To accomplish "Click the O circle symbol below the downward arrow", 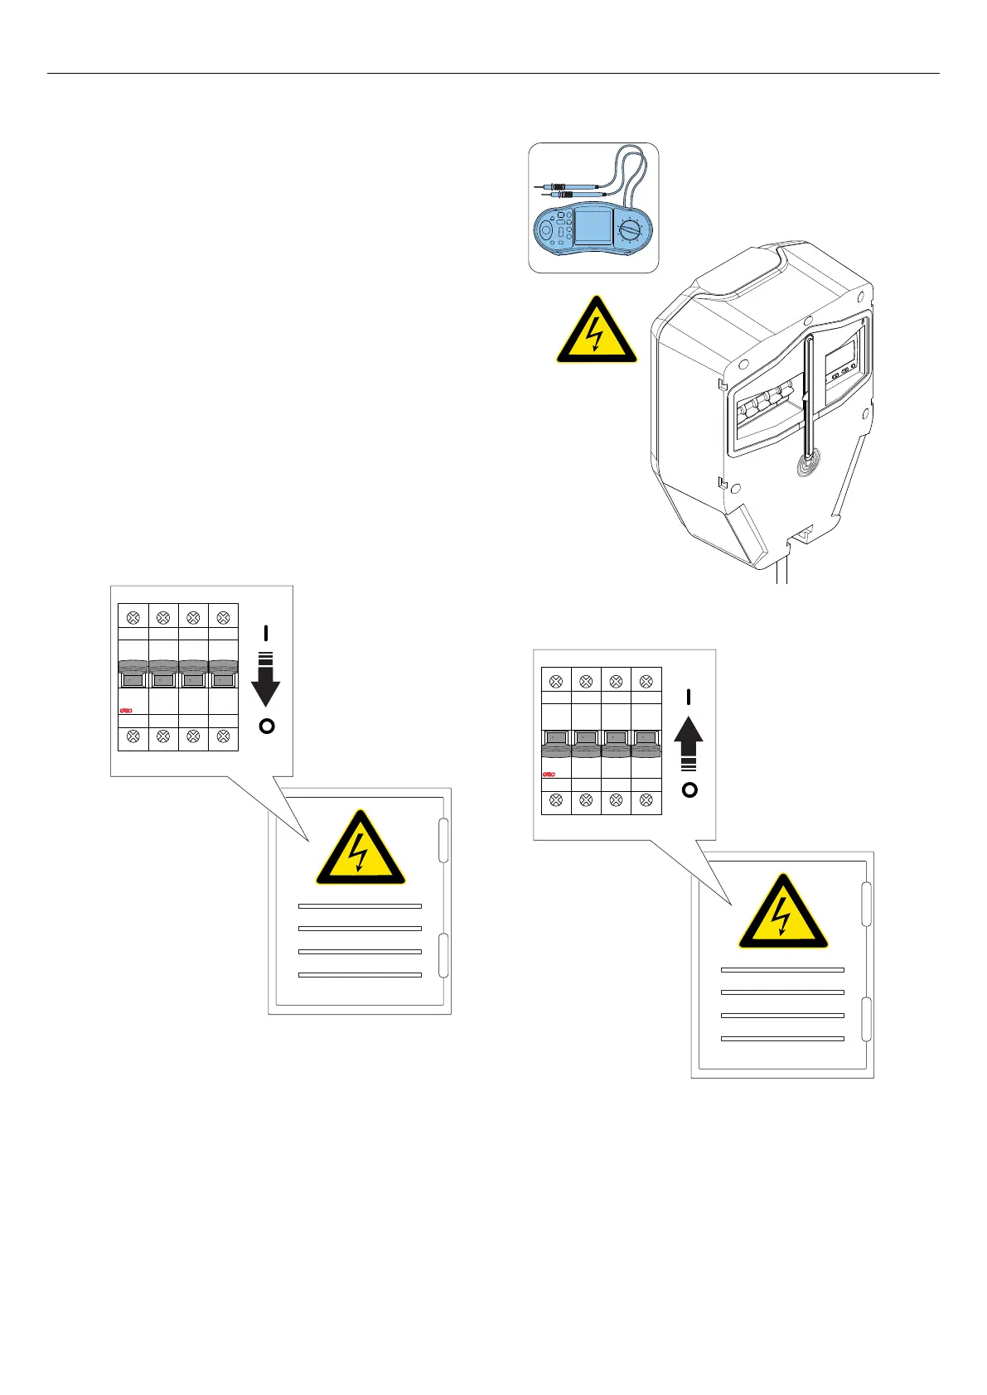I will coord(266,726).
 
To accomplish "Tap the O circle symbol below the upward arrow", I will coord(689,789).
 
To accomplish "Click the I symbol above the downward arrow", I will coord(266,633).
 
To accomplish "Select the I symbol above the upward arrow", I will coord(689,697).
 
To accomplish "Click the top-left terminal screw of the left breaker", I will coord(133,617).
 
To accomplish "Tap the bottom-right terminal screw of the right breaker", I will coord(646,799).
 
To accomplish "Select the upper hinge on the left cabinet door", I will coord(443,841).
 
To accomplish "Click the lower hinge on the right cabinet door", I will coord(866,1019).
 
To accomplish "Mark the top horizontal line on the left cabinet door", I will coord(360,905).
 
